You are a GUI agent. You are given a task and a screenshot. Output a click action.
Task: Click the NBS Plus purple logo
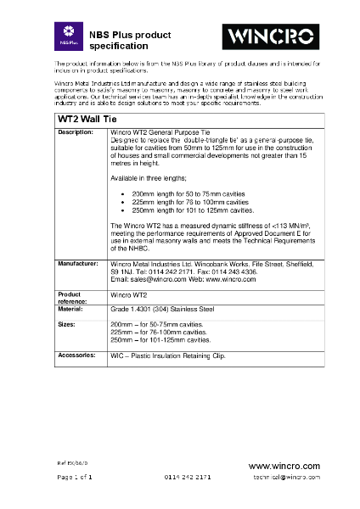coord(66,36)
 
